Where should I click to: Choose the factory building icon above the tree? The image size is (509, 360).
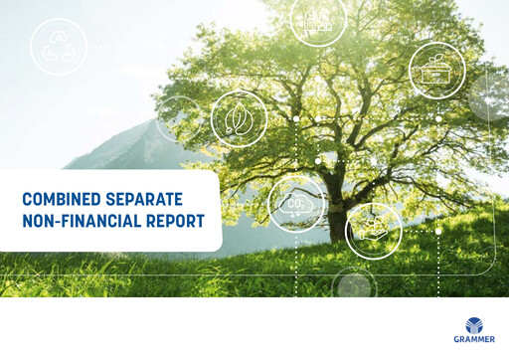click(x=318, y=18)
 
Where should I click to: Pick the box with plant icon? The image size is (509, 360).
click(x=437, y=70)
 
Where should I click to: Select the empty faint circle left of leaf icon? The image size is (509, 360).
click(x=179, y=120)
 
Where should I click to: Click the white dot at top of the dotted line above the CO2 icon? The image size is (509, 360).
click(x=296, y=118)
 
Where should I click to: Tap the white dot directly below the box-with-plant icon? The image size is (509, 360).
click(x=437, y=118)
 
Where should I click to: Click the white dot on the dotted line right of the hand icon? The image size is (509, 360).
click(x=437, y=231)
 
